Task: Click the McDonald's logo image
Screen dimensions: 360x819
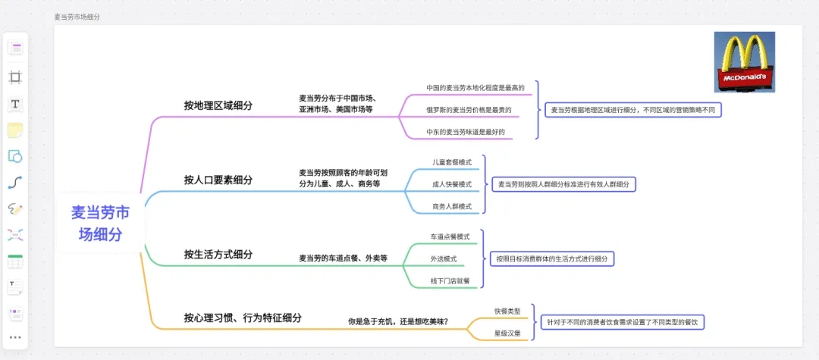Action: coord(744,62)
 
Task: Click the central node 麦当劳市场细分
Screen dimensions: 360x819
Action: coord(100,224)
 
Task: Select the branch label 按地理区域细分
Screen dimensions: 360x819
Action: coord(218,105)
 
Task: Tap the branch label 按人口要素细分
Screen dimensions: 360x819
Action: coord(218,180)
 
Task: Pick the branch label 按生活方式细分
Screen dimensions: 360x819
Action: coord(218,254)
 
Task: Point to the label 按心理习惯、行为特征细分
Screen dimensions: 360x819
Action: coord(242,318)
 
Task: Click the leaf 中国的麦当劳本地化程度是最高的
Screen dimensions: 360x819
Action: coord(475,88)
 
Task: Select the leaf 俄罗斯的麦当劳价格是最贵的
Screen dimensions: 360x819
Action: coord(469,110)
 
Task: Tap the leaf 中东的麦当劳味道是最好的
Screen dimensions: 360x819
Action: coord(466,132)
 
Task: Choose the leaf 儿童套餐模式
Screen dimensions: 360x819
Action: coord(452,162)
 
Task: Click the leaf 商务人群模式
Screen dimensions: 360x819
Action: coord(452,206)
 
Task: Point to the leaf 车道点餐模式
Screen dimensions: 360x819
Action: coord(450,236)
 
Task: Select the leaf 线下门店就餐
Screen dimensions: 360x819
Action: coord(450,280)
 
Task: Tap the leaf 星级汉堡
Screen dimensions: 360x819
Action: coord(507,333)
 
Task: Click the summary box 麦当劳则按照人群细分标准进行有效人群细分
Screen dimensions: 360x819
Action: coord(563,184)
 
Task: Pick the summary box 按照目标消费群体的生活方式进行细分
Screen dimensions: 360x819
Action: coord(551,258)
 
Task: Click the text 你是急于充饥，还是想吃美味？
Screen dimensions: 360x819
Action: coord(398,321)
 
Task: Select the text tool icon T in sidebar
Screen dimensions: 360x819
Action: coord(15,104)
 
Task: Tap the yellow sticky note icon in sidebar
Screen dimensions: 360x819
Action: coord(15,130)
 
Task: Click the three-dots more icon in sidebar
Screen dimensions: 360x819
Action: coord(15,337)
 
